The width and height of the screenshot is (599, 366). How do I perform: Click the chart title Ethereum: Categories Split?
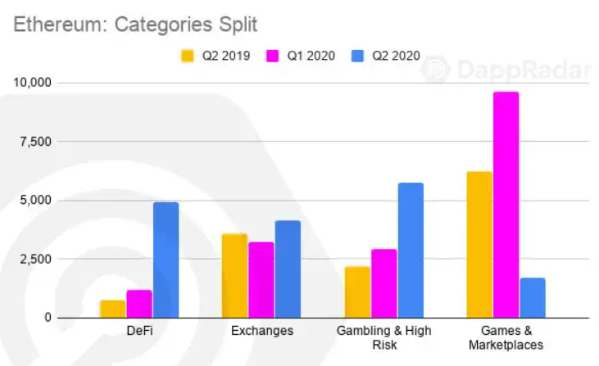[135, 25]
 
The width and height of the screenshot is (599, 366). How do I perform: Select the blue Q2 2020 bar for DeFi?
[166, 260]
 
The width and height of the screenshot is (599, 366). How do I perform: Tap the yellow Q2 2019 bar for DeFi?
[113, 309]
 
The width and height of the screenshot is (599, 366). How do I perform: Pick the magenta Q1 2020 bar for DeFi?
[139, 304]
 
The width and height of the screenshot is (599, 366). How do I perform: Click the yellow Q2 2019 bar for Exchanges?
[235, 276]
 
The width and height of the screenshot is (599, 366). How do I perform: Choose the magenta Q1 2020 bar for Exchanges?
[261, 280]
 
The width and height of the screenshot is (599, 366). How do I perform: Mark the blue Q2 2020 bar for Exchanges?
[288, 269]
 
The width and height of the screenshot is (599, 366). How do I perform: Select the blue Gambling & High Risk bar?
[411, 250]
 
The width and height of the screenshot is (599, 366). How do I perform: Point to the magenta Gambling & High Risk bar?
[383, 283]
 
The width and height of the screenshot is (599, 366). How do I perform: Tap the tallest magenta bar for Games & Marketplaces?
[506, 205]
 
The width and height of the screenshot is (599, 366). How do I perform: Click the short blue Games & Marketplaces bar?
[532, 297]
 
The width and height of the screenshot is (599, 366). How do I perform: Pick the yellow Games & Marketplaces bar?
[479, 244]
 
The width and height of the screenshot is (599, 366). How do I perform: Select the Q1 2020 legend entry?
[300, 56]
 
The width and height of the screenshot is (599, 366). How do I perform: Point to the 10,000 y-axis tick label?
[30, 83]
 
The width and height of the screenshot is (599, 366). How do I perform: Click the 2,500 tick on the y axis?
[34, 259]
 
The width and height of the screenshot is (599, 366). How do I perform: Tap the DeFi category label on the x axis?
[139, 332]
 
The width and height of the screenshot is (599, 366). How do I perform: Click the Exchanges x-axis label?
[261, 332]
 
